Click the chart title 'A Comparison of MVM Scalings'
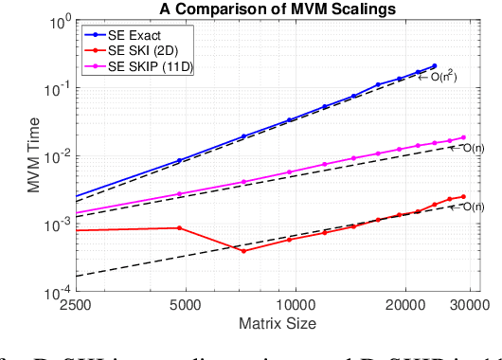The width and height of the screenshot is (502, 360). pyautogui.click(x=271, y=9)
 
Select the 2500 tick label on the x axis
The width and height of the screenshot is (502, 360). pyautogui.click(x=75, y=307)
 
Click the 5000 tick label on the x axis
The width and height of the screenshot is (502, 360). pyautogui.click(x=180, y=307)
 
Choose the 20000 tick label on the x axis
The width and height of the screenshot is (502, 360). pyautogui.click(x=405, y=307)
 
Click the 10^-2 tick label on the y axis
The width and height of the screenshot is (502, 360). pyautogui.click(x=54, y=156)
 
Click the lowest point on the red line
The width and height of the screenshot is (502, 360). pyautogui.click(x=243, y=251)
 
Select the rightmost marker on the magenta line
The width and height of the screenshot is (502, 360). pyautogui.click(x=463, y=138)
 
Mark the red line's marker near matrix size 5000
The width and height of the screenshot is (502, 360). pyautogui.click(x=180, y=227)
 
